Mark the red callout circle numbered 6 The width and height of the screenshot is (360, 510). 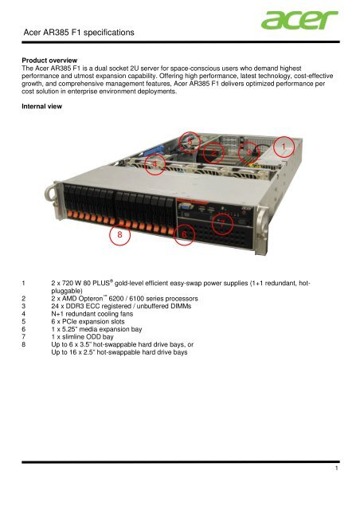(x=184, y=235)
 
